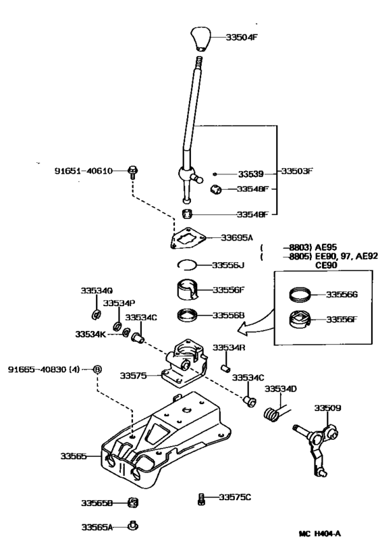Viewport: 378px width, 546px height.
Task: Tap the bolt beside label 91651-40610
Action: (132, 172)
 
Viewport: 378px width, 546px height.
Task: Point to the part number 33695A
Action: (237, 237)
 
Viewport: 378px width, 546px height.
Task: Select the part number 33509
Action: (327, 407)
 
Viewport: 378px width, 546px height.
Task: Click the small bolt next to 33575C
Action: (201, 499)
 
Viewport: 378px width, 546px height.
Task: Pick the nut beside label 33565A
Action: (134, 526)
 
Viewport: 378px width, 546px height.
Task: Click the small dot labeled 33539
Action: (215, 172)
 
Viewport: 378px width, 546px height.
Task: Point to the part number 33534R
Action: (230, 347)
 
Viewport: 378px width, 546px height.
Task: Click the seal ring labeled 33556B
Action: (187, 315)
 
